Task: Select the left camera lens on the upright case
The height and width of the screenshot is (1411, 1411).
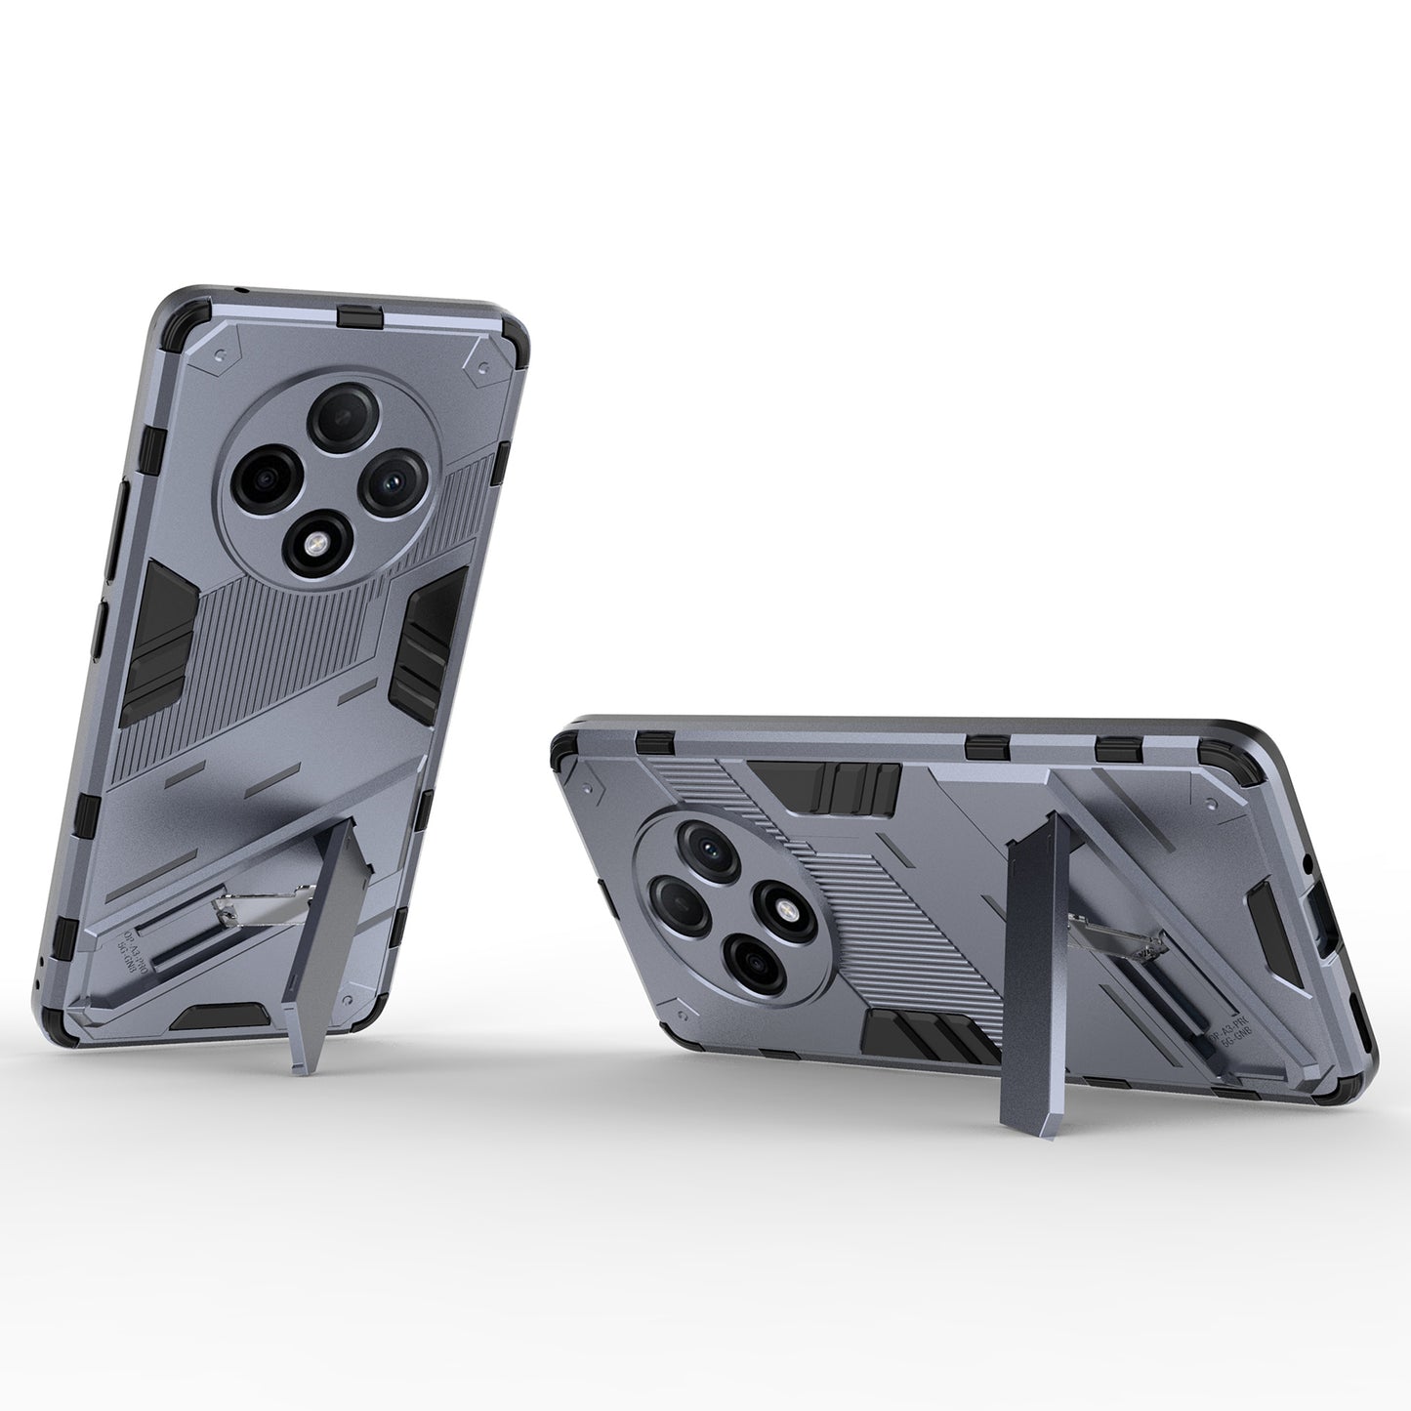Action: point(260,477)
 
